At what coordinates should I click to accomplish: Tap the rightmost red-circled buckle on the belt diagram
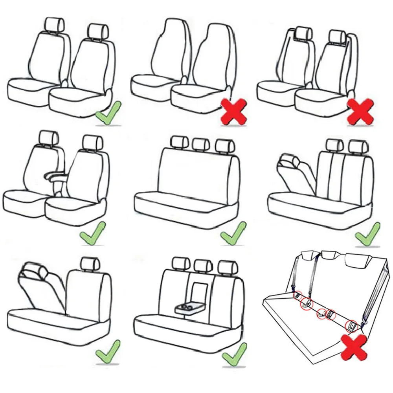[351, 324]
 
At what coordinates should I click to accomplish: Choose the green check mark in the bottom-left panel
[107, 351]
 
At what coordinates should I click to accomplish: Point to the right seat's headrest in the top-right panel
[337, 36]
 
